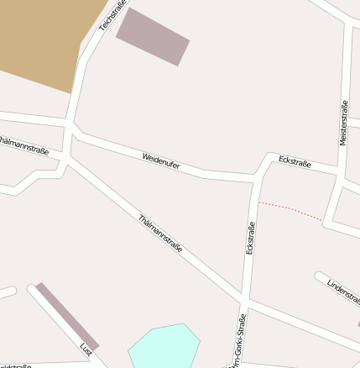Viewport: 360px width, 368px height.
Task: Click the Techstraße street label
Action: point(112,16)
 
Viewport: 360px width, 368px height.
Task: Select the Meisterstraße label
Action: point(343,123)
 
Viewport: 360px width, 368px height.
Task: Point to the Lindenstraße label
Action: point(343,291)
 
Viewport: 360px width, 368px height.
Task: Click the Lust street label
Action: point(86,348)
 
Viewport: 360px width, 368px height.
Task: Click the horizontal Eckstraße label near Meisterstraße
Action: point(295,161)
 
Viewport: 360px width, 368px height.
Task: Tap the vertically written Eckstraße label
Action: point(250,238)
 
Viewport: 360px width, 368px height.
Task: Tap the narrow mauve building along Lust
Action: point(67,316)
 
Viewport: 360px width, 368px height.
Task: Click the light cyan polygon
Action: point(164,345)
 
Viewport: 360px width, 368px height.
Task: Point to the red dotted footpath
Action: point(290,210)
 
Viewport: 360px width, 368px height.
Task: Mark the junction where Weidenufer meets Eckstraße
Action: point(255,177)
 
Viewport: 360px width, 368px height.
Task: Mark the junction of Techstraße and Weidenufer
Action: point(71,129)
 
